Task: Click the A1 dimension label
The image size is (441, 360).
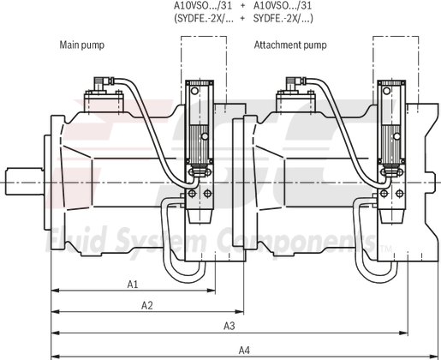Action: pos(133,282)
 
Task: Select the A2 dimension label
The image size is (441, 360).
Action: pos(146,304)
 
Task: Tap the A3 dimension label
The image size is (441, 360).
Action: pos(229,326)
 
